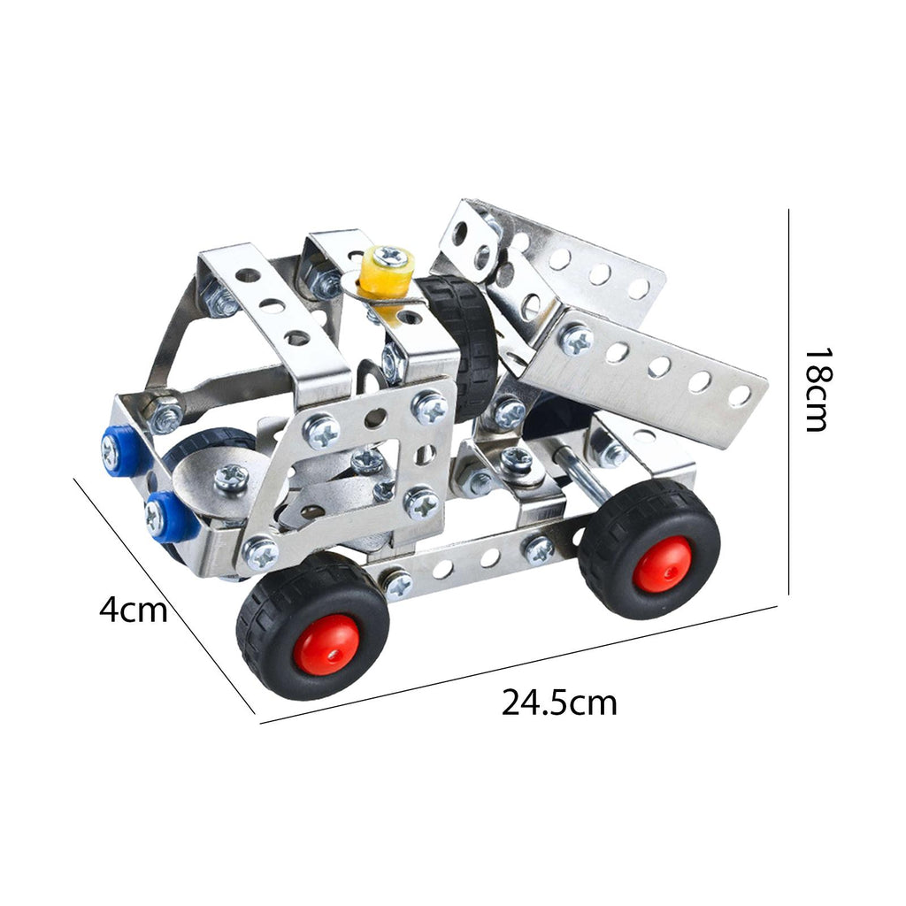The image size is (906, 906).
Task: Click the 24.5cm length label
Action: (559, 703)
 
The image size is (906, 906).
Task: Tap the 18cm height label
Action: (819, 389)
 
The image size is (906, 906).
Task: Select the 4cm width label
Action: (134, 610)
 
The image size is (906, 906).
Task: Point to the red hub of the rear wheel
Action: (663, 565)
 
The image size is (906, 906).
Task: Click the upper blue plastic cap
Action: (119, 449)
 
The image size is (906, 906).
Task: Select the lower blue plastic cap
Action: (165, 516)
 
